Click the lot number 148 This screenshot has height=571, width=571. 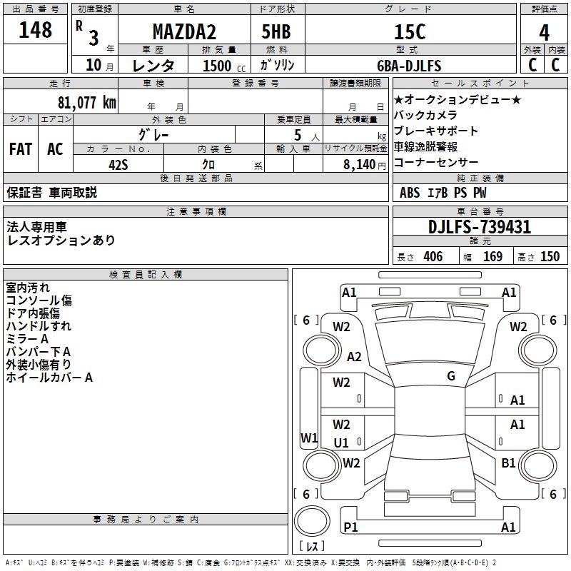coord(36,30)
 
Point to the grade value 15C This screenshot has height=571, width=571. coord(410,31)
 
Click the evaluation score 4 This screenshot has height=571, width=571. coord(545,31)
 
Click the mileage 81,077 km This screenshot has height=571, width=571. coord(86,102)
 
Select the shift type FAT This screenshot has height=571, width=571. coord(21,149)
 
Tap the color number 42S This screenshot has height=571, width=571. coord(118,164)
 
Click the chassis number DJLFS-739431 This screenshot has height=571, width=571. coord(480,227)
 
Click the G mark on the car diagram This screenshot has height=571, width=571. coord(451,375)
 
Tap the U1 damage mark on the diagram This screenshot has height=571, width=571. coord(341,443)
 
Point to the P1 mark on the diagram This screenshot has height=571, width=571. coord(350,527)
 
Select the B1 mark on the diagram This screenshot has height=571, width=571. coord(508,463)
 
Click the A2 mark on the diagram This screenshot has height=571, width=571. coord(354,357)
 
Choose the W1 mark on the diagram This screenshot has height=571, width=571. coord(308,438)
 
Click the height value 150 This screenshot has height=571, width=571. coord(550,257)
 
